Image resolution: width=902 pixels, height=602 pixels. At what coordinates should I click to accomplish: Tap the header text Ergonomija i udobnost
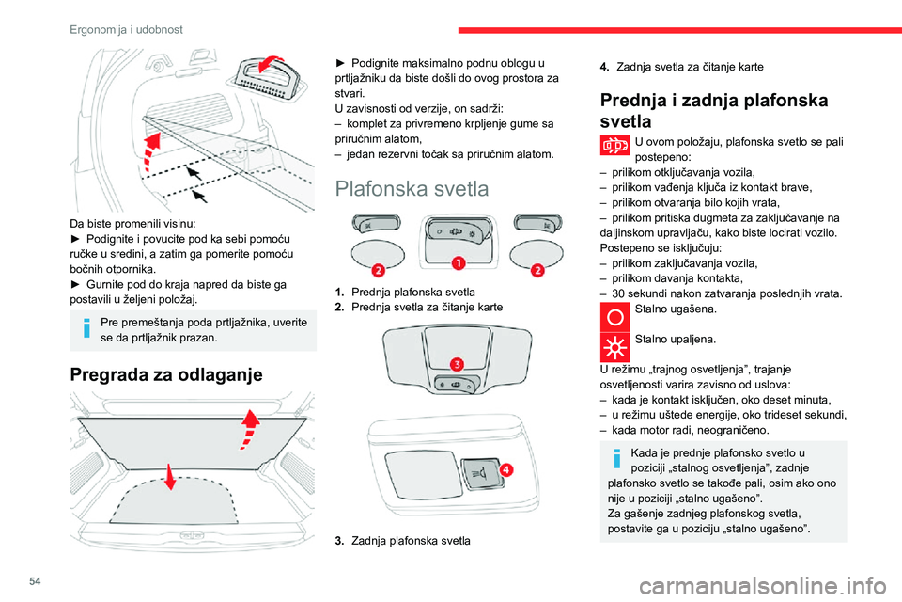[126, 29]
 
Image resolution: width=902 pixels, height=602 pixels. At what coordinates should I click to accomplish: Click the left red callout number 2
[377, 271]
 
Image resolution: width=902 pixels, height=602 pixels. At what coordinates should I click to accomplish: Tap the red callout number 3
[455, 363]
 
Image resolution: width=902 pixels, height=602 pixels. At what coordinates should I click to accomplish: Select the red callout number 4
[505, 468]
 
